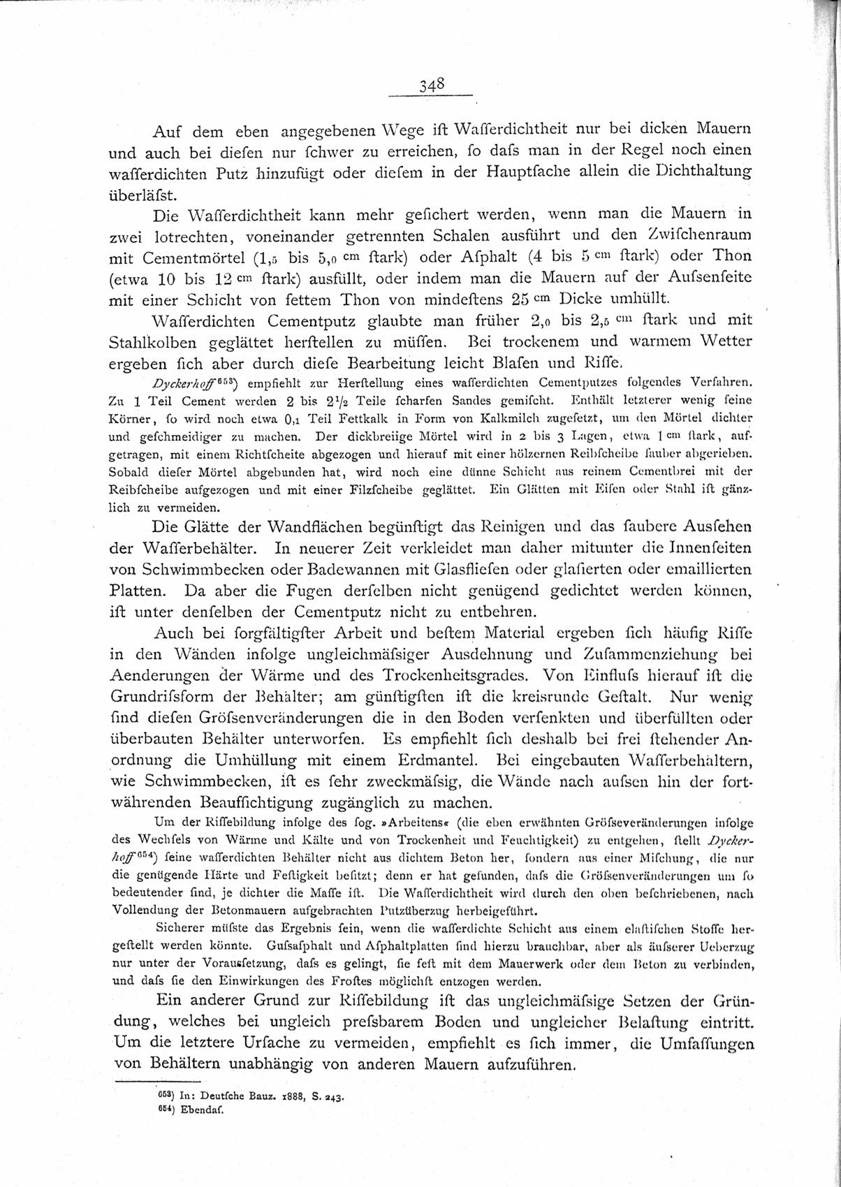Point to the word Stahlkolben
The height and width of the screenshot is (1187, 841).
tap(154, 343)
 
